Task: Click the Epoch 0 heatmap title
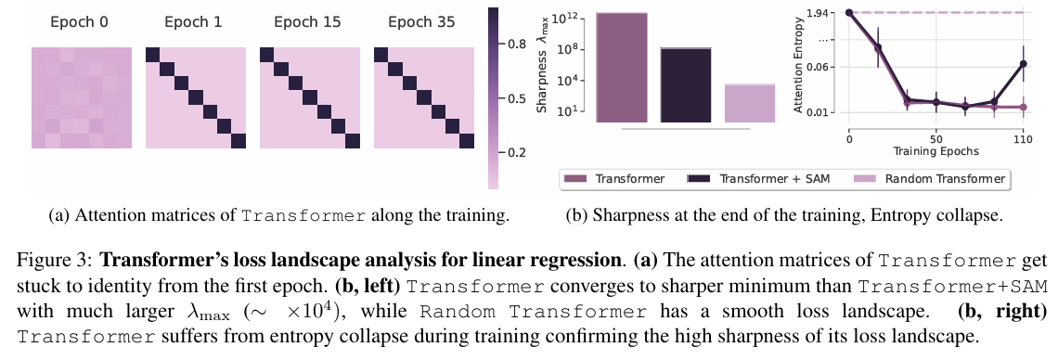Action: coord(81,21)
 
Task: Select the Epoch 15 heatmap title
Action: coord(307,21)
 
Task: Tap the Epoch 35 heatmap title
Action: coord(421,21)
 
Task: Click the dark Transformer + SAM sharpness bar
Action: coord(685,84)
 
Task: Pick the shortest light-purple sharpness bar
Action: coord(749,103)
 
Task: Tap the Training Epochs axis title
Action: coord(936,148)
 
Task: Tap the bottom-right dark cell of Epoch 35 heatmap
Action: coord(469,140)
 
